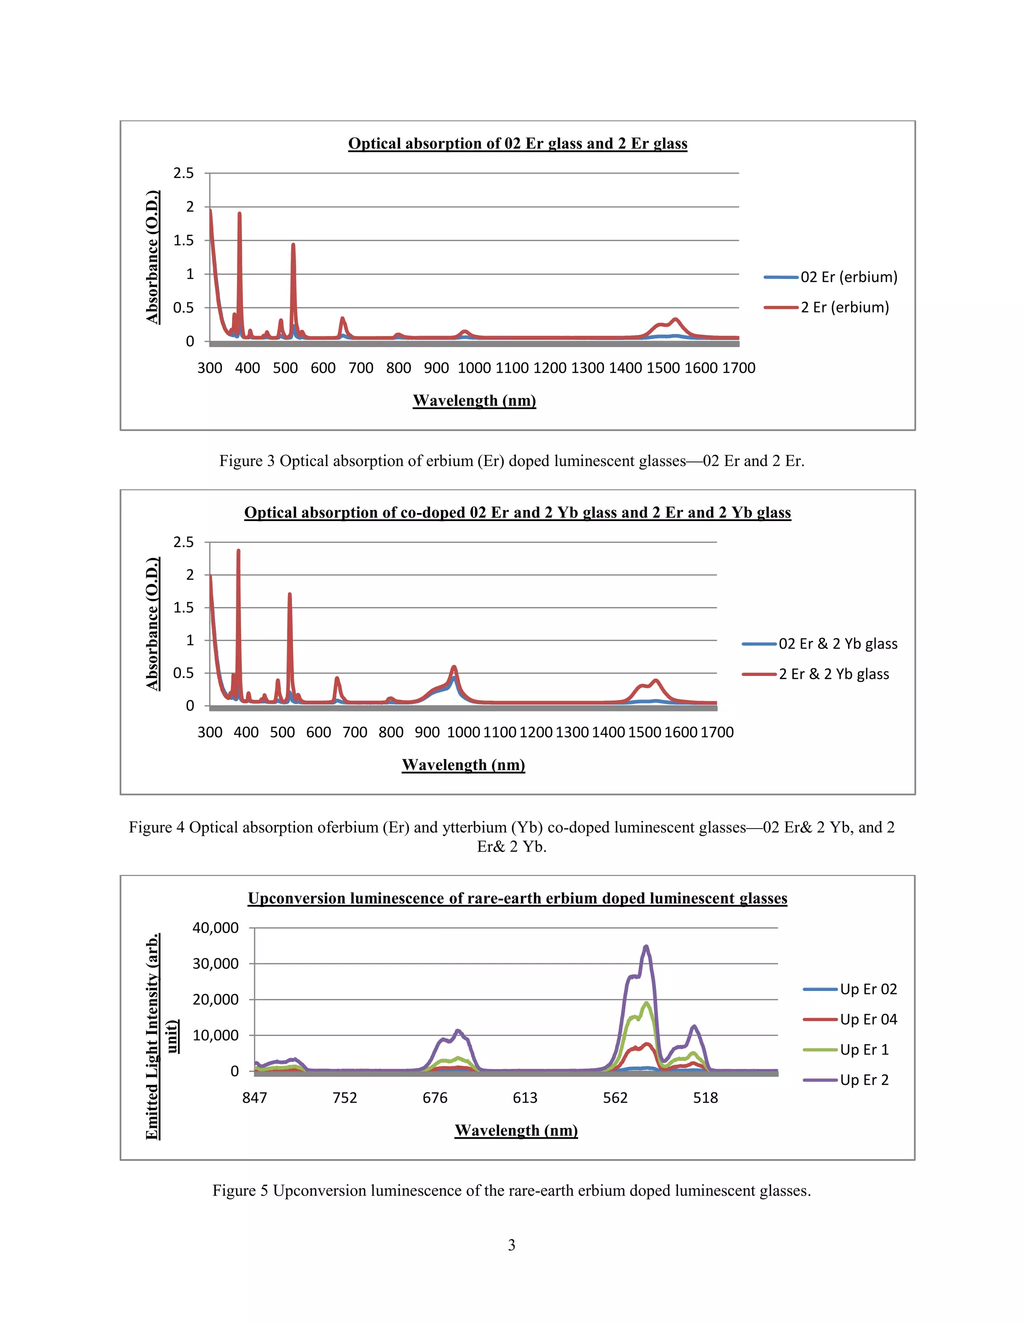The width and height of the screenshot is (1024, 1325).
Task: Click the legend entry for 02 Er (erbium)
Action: click(x=848, y=277)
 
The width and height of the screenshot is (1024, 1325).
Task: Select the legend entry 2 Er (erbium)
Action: click(x=844, y=307)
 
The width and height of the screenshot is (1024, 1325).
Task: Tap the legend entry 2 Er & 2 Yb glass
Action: click(x=833, y=674)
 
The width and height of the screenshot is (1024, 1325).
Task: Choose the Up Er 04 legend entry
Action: click(x=868, y=1019)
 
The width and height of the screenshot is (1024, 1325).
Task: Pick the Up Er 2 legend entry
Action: click(x=864, y=1080)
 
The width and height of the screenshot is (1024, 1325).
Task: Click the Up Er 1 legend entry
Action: click(x=864, y=1049)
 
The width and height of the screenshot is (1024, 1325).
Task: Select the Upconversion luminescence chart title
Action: click(x=517, y=898)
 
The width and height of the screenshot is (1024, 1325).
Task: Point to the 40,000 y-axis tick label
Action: click(x=215, y=927)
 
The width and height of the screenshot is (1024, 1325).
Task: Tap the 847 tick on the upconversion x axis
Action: click(x=255, y=1097)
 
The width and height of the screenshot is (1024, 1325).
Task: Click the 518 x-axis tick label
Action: click(x=705, y=1097)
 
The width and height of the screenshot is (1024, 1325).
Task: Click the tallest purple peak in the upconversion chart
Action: click(x=646, y=946)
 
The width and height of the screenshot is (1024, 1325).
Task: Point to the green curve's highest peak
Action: click(x=646, y=1002)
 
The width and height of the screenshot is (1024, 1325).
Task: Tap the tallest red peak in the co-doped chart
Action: click(x=238, y=551)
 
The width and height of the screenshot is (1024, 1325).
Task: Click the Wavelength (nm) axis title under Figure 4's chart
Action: click(x=463, y=765)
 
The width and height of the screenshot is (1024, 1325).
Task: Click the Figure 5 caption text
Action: click(x=511, y=1191)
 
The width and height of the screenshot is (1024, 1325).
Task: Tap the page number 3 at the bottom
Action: click(x=511, y=1245)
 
